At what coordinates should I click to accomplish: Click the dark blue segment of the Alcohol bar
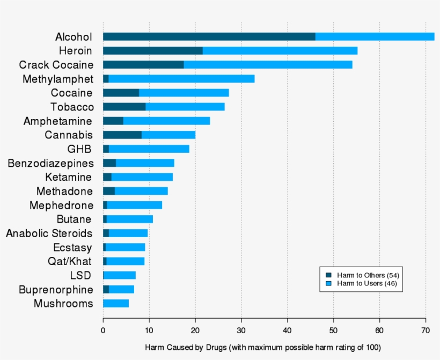pos(209,36)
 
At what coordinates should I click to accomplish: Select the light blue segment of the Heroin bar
pos(280,50)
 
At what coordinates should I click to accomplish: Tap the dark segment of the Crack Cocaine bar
pos(143,64)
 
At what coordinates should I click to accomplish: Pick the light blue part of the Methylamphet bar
pos(181,79)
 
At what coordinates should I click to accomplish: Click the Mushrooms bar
pos(116,303)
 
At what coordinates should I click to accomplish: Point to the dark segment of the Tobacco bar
pos(124,107)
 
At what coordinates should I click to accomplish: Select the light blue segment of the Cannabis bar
pos(168,135)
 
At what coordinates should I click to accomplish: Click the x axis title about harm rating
pos(263,348)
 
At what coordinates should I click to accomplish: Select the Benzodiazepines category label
pos(50,163)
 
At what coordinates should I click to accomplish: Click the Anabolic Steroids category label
pos(49,233)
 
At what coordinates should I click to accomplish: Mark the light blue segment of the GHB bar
pos(149,149)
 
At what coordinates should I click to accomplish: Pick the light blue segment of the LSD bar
pos(120,275)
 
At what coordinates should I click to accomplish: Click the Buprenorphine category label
pos(56,290)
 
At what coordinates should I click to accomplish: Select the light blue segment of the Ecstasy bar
pos(125,247)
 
